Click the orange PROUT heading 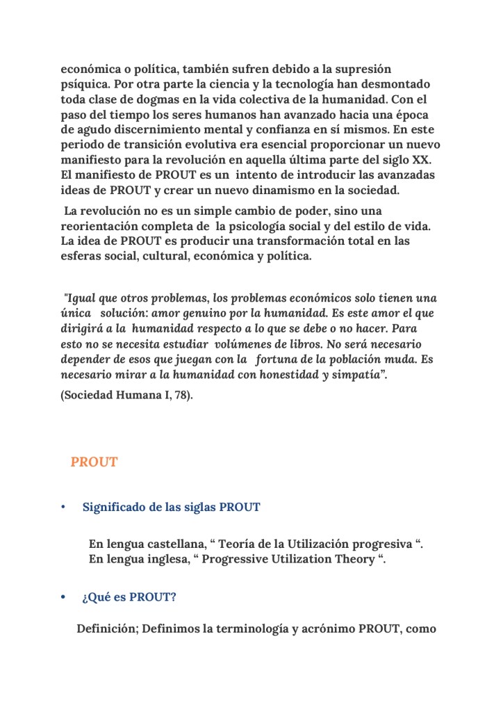coord(94,462)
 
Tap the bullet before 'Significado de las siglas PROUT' coord(63,508)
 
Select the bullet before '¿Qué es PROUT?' coord(63,597)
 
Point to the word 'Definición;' coord(106,630)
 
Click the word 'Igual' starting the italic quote coord(82,298)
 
